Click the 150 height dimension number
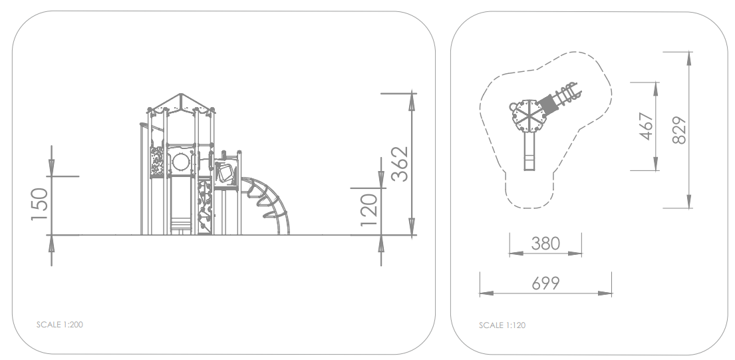click(39, 204)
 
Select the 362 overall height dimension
click(400, 164)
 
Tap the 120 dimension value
click(369, 210)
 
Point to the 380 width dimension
click(545, 244)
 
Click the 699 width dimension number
click(545, 283)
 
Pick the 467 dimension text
click(647, 126)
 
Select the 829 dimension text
click(679, 130)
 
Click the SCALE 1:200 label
click(59, 324)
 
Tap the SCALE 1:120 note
click(502, 325)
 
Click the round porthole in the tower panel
click(180, 162)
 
